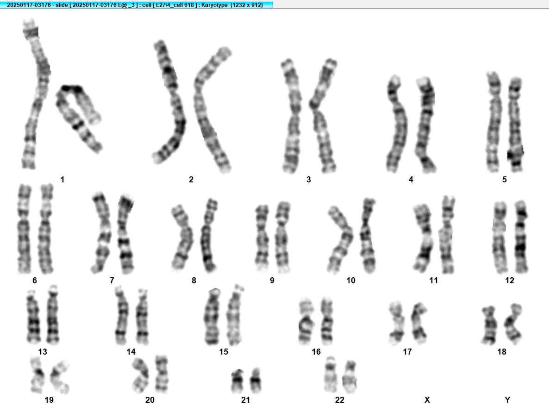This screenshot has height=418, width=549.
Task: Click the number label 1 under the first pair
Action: tap(62, 180)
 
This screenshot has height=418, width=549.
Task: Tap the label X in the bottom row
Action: tap(427, 400)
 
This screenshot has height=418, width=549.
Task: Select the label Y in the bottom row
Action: tap(507, 400)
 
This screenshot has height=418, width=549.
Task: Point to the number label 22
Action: tap(340, 400)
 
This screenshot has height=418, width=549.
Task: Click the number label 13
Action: tap(43, 351)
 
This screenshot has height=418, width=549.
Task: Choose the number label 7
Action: tap(112, 281)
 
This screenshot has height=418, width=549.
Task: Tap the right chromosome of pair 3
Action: tap(324, 116)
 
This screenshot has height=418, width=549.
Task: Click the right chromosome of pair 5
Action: tap(515, 124)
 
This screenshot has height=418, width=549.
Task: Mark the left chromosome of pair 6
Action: tap(24, 229)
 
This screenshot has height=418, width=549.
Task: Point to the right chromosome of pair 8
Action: tap(208, 235)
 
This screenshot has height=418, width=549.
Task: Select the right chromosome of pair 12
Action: tap(521, 237)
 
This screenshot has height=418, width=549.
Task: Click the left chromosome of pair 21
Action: tap(238, 381)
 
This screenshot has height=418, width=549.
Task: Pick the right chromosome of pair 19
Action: tap(60, 377)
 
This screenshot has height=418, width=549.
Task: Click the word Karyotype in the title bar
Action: tap(214, 5)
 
